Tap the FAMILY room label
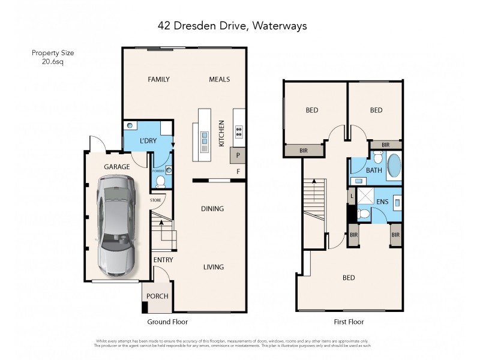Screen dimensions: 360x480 pyautogui.click(x=159, y=79)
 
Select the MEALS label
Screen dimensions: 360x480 pyautogui.click(x=219, y=79)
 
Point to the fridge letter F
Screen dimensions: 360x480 pyautogui.click(x=238, y=172)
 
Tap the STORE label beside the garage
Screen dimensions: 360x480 pyautogui.click(x=155, y=200)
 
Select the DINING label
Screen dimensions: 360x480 pyautogui.click(x=212, y=209)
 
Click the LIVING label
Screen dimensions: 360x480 pyautogui.click(x=213, y=267)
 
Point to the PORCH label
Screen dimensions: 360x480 pyautogui.click(x=157, y=296)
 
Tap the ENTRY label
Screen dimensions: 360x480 pyautogui.click(x=163, y=260)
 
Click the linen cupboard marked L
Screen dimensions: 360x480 pyautogui.click(x=351, y=196)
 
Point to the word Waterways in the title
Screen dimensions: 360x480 pyautogui.click(x=281, y=26)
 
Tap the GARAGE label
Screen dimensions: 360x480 pyautogui.click(x=117, y=167)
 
